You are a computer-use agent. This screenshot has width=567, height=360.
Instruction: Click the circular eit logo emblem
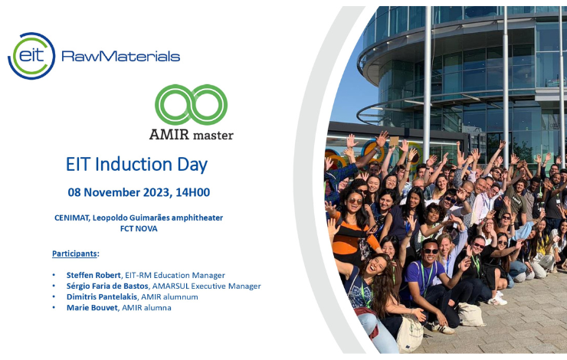[31, 56]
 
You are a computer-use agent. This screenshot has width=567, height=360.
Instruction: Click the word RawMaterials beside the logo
[121, 56]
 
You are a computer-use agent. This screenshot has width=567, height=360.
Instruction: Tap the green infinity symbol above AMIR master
[191, 104]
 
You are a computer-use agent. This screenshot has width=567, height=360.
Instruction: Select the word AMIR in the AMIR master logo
[169, 135]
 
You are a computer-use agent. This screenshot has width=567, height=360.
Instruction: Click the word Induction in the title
[133, 164]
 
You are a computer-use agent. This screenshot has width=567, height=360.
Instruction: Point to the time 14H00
[193, 192]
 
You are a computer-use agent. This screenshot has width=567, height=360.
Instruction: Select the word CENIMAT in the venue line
[71, 218]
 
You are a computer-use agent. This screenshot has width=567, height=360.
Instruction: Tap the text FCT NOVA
[139, 228]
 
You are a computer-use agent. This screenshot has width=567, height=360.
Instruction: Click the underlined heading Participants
[74, 254]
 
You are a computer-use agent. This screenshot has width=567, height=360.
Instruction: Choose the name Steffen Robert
[93, 275]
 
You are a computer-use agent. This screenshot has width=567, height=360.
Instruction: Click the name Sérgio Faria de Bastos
[107, 286]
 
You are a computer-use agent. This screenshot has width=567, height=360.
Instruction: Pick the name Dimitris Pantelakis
[102, 296]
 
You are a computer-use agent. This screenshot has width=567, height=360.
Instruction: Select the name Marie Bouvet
[92, 308]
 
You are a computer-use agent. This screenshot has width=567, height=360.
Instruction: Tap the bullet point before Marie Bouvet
[54, 308]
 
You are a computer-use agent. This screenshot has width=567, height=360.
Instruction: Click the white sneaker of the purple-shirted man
[443, 328]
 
